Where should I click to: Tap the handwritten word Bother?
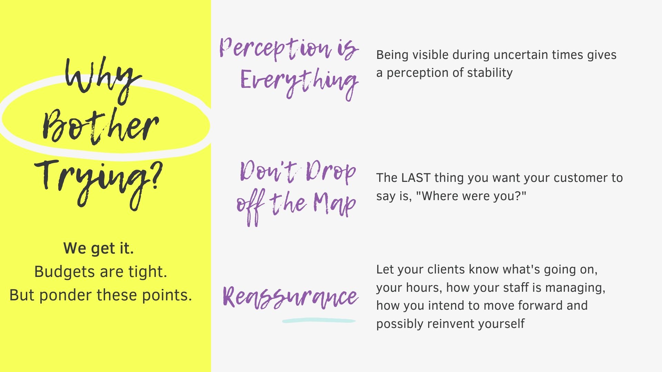pyautogui.click(x=100, y=126)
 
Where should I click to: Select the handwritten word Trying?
pyautogui.click(x=98, y=183)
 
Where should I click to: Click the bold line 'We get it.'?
pyautogui.click(x=99, y=248)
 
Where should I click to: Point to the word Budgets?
pyautogui.click(x=65, y=272)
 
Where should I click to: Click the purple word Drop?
pyautogui.click(x=330, y=172)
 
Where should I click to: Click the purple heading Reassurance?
pyautogui.click(x=291, y=297)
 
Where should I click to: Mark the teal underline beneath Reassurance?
pyautogui.click(x=319, y=321)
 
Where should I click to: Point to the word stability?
pyautogui.click(x=490, y=73)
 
